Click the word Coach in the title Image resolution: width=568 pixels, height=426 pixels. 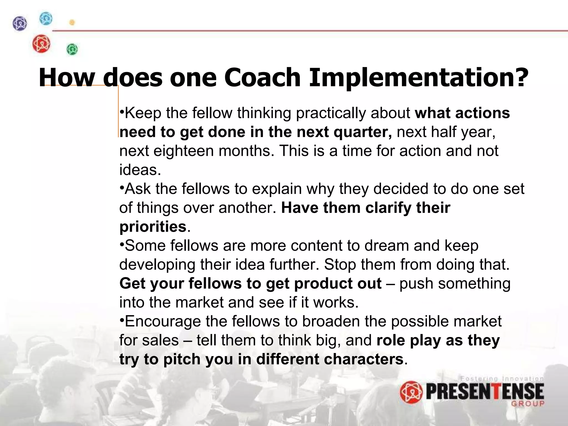(x=262, y=78)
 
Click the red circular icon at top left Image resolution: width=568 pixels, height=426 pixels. (x=41, y=44)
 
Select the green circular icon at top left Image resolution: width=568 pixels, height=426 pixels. (x=72, y=49)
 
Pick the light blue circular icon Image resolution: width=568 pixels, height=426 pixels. (x=46, y=19)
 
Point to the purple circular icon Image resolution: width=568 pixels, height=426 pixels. (x=20, y=23)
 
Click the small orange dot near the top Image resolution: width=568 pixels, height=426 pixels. (x=72, y=22)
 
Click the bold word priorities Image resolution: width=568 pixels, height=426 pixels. (x=153, y=227)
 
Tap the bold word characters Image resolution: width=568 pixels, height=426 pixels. (x=363, y=359)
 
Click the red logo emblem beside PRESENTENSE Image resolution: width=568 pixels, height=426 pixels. (x=411, y=392)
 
